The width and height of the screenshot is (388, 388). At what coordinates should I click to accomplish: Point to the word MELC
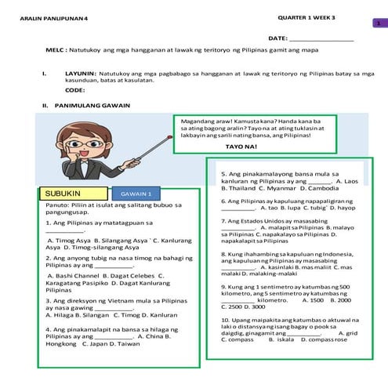54,49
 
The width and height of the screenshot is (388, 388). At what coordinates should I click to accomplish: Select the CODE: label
75,90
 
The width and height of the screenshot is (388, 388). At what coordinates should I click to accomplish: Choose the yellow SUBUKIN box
71,193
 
